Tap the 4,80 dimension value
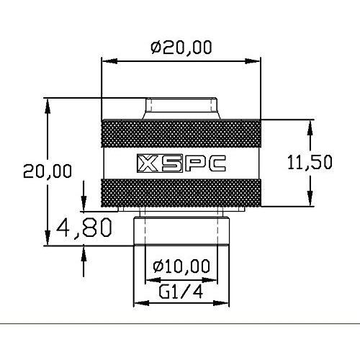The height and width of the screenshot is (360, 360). coord(84,228)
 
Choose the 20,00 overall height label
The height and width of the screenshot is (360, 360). coord(48,171)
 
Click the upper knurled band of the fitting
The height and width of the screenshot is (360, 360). coord(180,133)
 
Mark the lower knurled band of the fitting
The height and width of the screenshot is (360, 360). coord(180,193)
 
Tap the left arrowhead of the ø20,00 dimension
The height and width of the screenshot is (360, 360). coord(104,63)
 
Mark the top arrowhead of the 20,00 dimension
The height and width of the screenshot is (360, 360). coord(48,105)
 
